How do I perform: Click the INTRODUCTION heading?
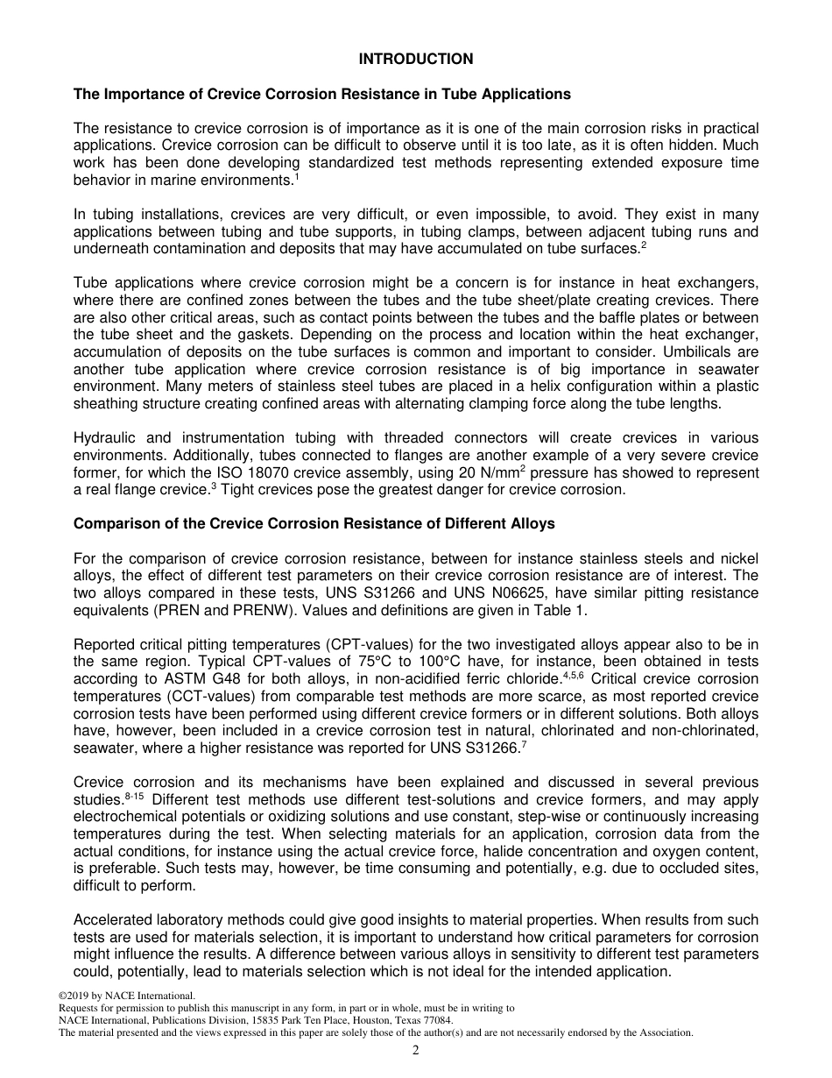[x=416, y=60]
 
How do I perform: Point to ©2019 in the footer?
[x=74, y=996]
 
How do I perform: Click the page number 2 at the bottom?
[x=416, y=1051]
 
